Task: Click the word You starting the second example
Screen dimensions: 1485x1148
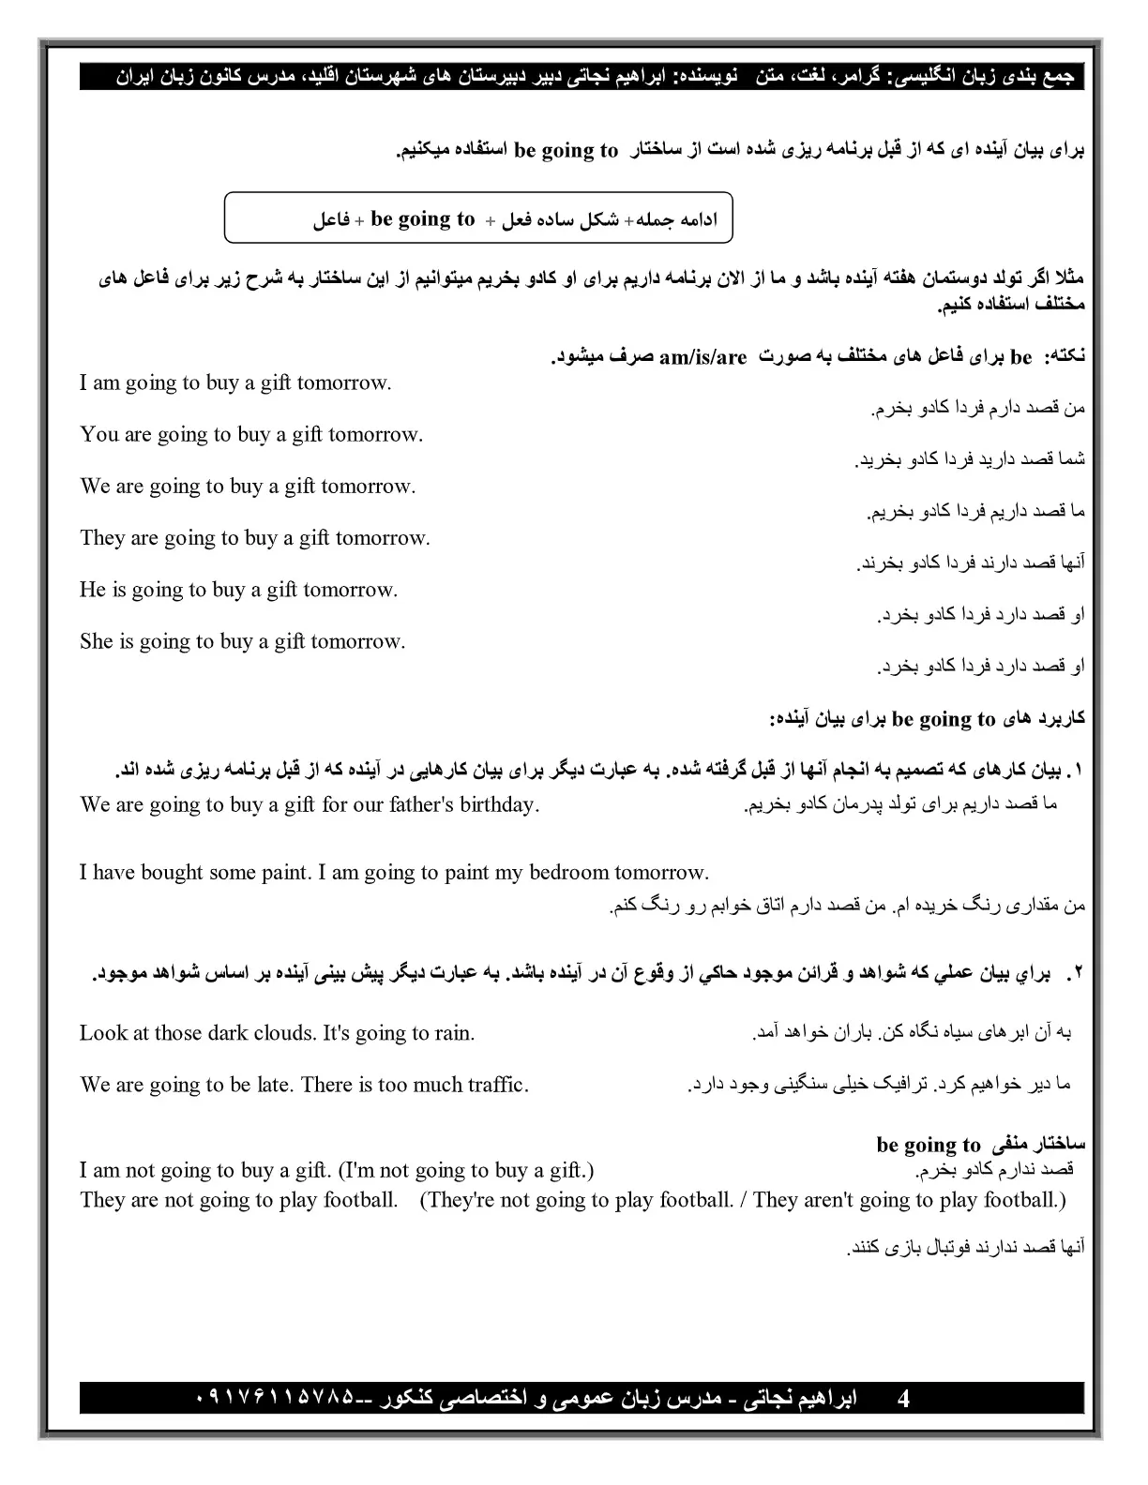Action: (x=99, y=435)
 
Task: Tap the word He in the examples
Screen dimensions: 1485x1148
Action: (x=92, y=590)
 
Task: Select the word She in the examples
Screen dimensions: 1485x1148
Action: (x=97, y=642)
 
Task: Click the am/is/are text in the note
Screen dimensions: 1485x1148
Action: (x=702, y=357)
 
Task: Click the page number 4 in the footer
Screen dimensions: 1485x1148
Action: (x=903, y=1400)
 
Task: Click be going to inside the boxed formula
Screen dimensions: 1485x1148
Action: (x=423, y=219)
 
